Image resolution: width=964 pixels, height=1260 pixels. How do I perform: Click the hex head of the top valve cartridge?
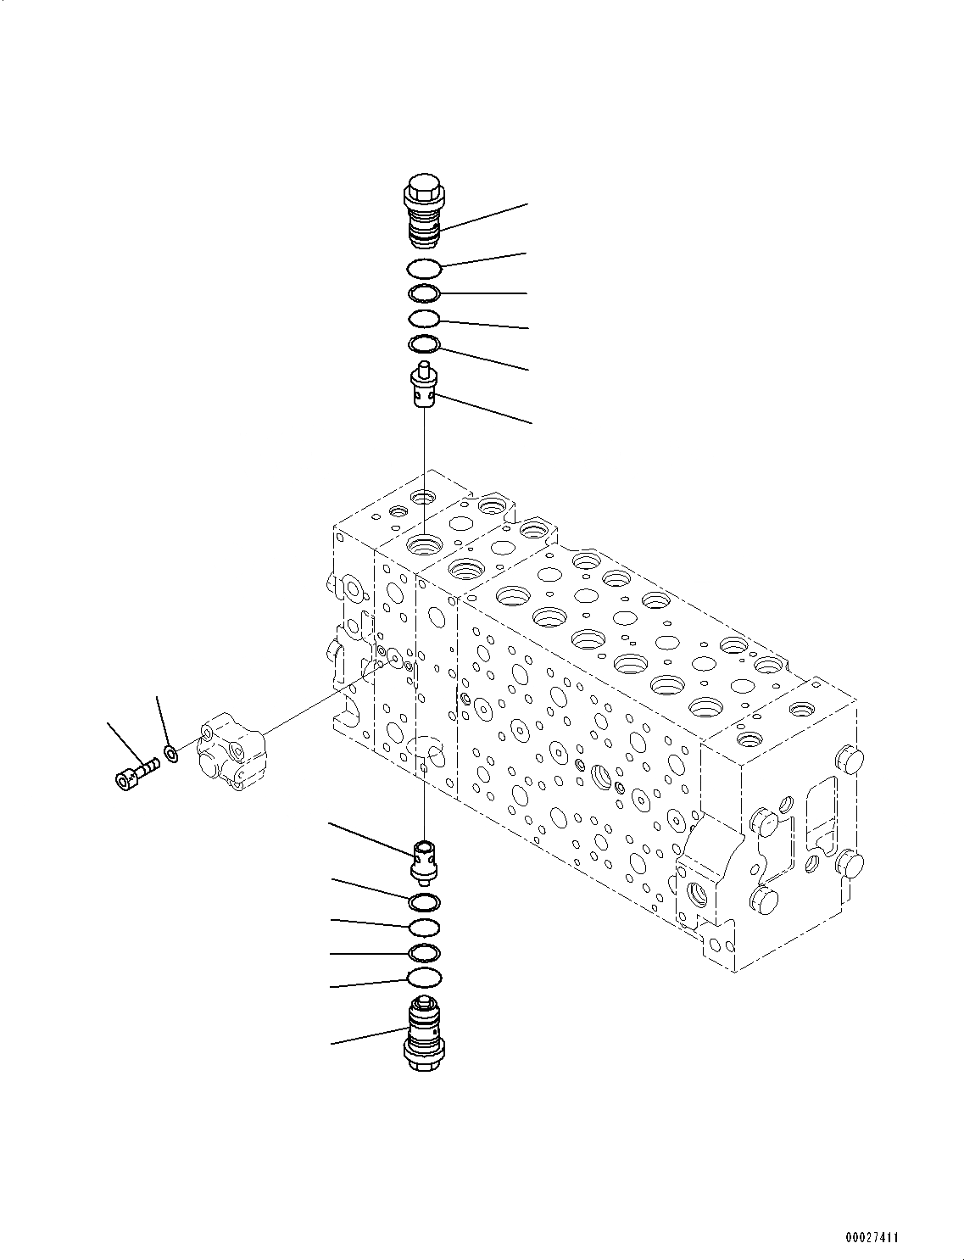click(x=421, y=187)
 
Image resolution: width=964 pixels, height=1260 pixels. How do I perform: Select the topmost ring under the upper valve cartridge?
click(x=423, y=268)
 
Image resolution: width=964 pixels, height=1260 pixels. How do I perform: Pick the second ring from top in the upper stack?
click(x=423, y=293)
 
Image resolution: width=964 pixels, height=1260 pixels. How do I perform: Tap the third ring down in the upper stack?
click(x=423, y=319)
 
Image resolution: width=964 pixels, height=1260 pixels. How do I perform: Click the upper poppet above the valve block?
click(x=424, y=387)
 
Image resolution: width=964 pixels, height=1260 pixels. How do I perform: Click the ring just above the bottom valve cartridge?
click(x=423, y=978)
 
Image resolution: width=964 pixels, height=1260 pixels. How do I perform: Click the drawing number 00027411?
click(x=871, y=1238)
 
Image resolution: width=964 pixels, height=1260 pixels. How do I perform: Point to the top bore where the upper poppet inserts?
click(x=423, y=544)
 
